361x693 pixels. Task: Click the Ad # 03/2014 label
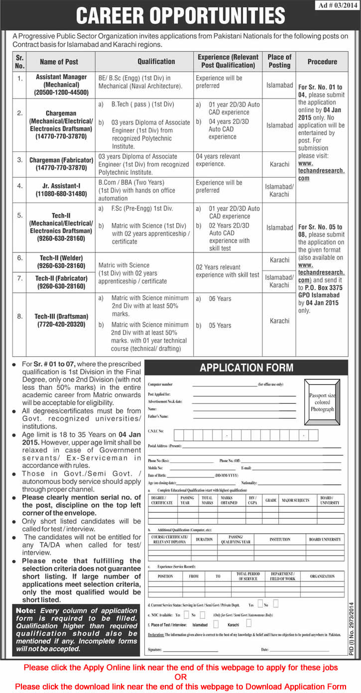click(337, 6)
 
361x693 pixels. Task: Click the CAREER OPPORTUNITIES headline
click(180, 16)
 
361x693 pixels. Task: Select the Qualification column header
click(156, 61)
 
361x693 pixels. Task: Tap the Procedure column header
click(322, 61)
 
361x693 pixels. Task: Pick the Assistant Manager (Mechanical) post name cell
click(61, 85)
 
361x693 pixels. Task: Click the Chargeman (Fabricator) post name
click(61, 164)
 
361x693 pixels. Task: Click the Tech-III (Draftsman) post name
click(61, 321)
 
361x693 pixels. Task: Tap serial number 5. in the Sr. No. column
click(20, 216)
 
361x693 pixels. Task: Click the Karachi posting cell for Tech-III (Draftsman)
click(279, 321)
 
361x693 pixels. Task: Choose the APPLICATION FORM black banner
click(246, 368)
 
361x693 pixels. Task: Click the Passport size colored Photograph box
click(322, 402)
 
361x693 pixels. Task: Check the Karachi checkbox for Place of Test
click(249, 623)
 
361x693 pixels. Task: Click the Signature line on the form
click(191, 650)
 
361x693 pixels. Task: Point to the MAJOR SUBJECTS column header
click(295, 500)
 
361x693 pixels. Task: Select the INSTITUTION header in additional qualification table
click(280, 539)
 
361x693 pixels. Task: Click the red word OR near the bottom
click(180, 677)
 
